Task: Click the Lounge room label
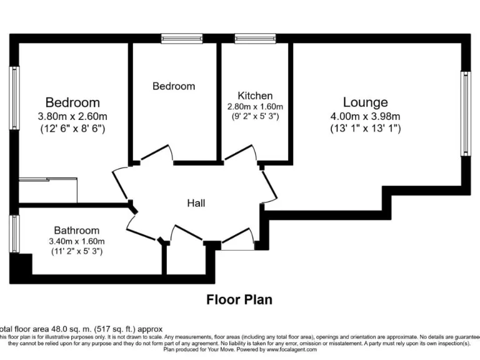click(x=365, y=102)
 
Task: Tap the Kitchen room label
click(x=255, y=96)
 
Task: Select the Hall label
click(x=196, y=203)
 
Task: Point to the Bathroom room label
click(x=76, y=230)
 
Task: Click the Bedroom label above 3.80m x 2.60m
click(x=72, y=102)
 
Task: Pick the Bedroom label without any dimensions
click(x=174, y=86)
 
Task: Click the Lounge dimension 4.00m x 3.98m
click(x=365, y=116)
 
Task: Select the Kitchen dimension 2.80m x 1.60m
click(x=255, y=106)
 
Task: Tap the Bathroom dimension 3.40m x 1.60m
click(x=76, y=241)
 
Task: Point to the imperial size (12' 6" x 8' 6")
click(x=72, y=129)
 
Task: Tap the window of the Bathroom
click(x=13, y=234)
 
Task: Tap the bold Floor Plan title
click(x=239, y=299)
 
